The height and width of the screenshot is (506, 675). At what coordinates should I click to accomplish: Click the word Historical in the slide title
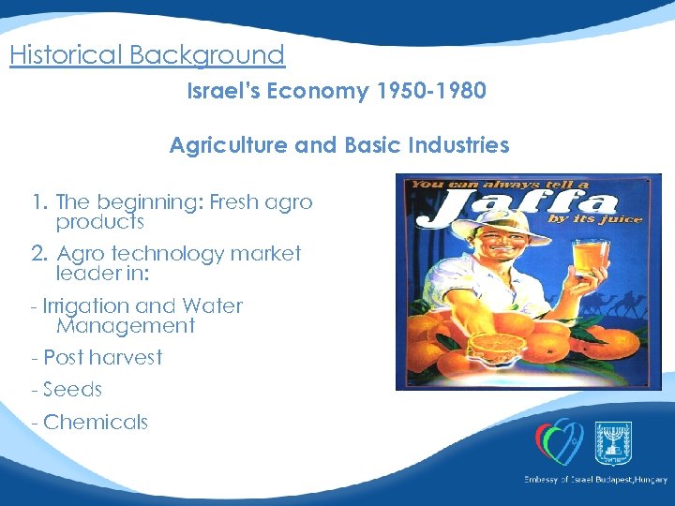click(67, 55)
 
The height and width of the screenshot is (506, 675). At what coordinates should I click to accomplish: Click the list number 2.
click(38, 253)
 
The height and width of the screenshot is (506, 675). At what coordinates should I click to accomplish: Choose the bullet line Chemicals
click(90, 422)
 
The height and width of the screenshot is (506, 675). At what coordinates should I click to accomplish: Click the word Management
click(126, 326)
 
